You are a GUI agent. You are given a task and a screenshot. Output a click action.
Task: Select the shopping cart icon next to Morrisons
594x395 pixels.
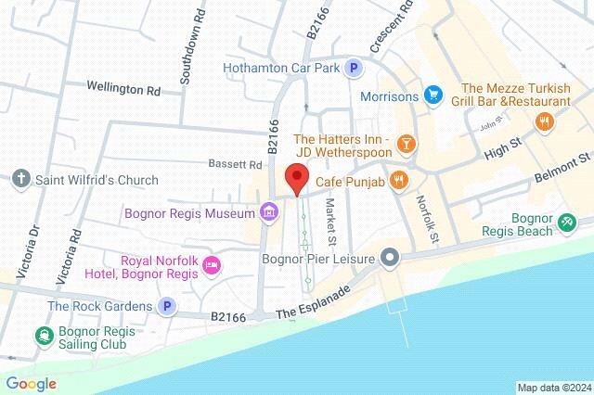(432, 96)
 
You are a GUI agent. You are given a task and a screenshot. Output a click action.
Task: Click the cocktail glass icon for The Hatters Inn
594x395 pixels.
(406, 143)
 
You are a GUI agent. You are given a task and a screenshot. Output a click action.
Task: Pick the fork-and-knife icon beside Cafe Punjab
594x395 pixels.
(399, 180)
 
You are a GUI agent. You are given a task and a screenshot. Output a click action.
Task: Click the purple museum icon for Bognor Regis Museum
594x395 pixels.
(268, 213)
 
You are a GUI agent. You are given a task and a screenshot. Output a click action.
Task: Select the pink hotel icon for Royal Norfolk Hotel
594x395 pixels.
(212, 266)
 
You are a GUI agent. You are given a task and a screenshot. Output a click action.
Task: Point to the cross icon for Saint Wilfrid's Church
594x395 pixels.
(20, 177)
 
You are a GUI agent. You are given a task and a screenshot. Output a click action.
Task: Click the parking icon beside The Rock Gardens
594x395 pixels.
(167, 306)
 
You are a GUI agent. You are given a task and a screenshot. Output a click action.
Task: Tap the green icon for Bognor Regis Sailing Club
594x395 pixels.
(43, 336)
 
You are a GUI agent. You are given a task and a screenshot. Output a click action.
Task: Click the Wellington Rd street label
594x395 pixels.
(123, 90)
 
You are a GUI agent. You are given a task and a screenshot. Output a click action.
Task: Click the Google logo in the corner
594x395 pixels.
(31, 384)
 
